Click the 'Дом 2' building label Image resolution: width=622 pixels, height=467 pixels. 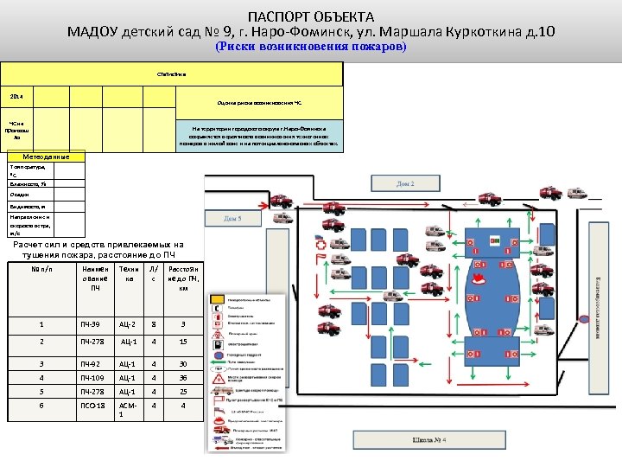pos(405,184)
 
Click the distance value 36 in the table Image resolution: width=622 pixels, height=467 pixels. pos(183,377)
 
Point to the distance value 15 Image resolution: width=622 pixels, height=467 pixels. pos(183,342)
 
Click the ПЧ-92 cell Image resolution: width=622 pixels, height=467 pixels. pos(92,364)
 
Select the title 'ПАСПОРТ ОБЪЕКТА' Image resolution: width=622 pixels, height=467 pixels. pos(311,16)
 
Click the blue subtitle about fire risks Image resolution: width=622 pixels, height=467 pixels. pos(310,48)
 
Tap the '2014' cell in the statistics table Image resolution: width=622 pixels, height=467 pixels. pos(16,97)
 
